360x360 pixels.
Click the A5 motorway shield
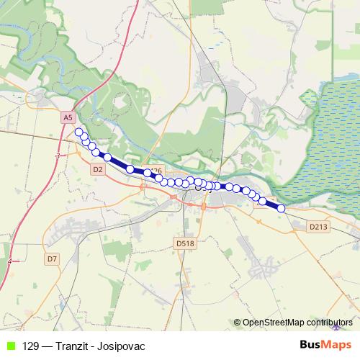point(68,116)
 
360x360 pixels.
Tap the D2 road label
point(99,168)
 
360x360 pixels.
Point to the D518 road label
point(185,244)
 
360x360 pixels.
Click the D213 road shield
point(318,227)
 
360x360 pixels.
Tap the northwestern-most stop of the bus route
point(78,132)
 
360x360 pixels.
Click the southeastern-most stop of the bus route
point(282,209)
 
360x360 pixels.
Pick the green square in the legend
point(9,346)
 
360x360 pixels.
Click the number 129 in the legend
point(31,346)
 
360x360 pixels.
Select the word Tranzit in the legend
point(74,346)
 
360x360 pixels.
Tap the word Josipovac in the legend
point(122,346)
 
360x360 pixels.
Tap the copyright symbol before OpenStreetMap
point(237,323)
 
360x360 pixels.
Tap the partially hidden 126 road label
point(157,171)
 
